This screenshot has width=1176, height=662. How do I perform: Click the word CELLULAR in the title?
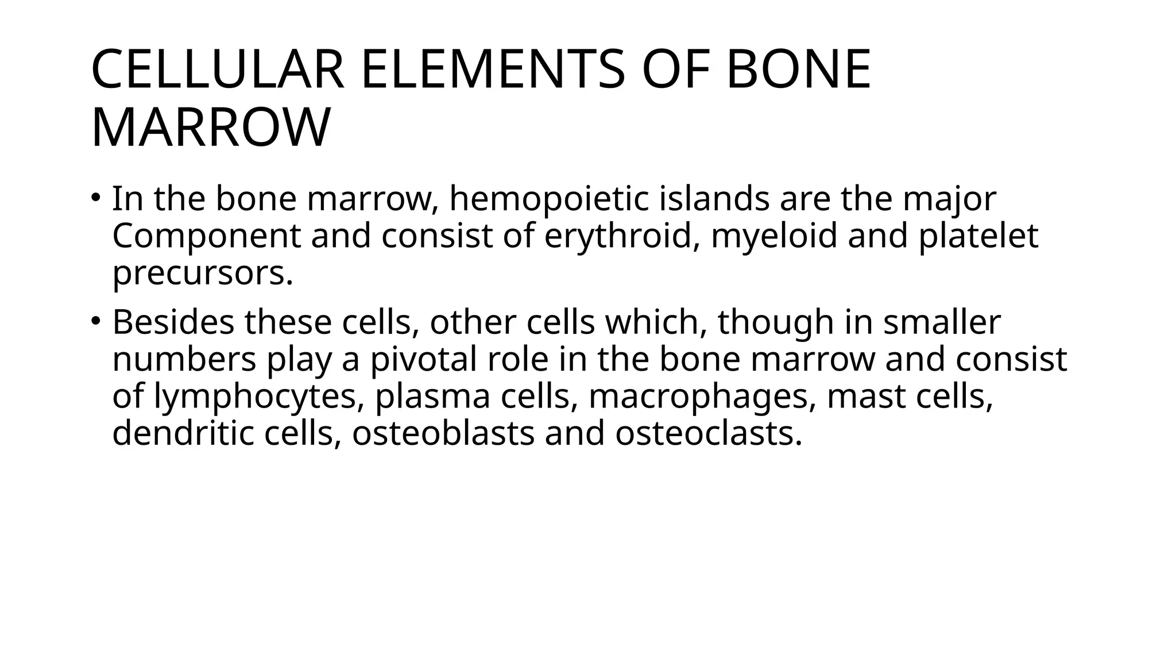(218, 70)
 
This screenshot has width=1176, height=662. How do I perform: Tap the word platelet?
(978, 236)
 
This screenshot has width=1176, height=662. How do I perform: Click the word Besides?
(173, 322)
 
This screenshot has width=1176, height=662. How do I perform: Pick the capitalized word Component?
(206, 236)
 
